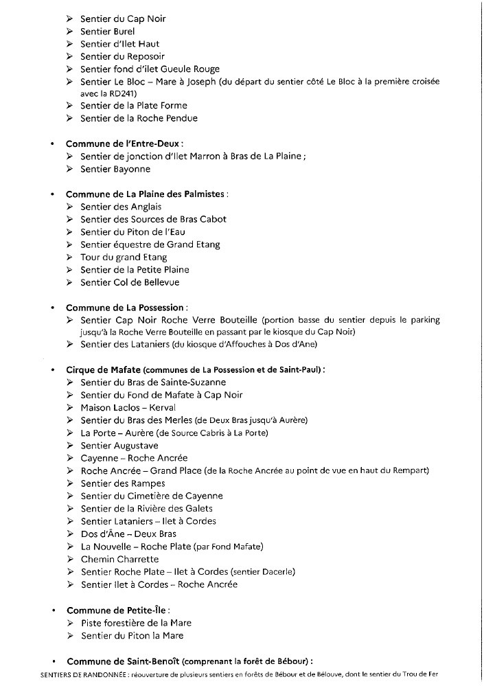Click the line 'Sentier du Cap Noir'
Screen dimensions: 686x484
click(x=123, y=19)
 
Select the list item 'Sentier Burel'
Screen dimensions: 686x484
click(x=107, y=31)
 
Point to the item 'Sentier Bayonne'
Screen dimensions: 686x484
click(x=115, y=169)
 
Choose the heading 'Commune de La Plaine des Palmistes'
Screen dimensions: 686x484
click(x=146, y=194)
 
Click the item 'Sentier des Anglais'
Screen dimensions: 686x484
click(x=121, y=207)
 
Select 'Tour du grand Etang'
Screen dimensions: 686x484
click(x=124, y=257)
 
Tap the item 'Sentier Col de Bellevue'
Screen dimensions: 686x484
click(x=130, y=282)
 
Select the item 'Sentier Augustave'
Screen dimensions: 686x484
click(x=119, y=446)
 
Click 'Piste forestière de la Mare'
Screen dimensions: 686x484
click(x=136, y=623)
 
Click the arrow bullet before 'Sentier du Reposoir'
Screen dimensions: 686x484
click(x=70, y=56)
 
